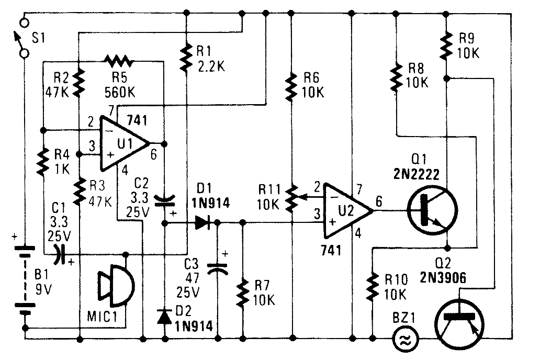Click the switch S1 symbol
pyautogui.click(x=22, y=37)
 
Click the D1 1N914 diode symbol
pyautogui.click(x=203, y=223)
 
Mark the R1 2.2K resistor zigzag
pyautogui.click(x=186, y=59)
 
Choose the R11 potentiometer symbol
pyautogui.click(x=294, y=197)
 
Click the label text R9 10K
pyautogui.click(x=469, y=46)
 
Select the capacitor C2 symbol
pyautogui.click(x=166, y=201)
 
